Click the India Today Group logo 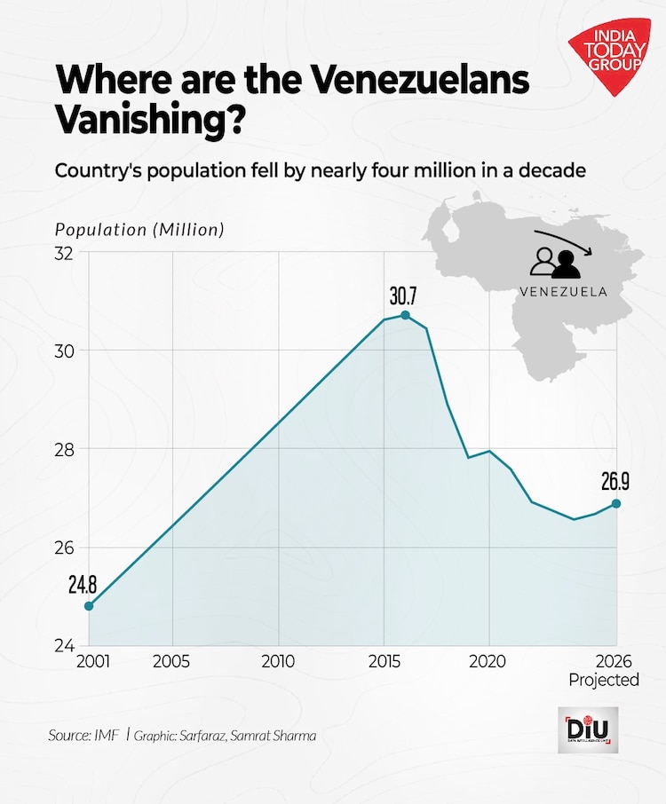(610, 59)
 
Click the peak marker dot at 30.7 (406, 315)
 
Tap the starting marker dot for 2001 (88, 606)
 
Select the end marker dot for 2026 (616, 503)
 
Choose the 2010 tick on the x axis (279, 661)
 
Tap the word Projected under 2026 (604, 680)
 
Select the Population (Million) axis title (140, 229)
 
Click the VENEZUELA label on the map (563, 291)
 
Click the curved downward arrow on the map (569, 240)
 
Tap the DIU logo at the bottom (588, 730)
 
